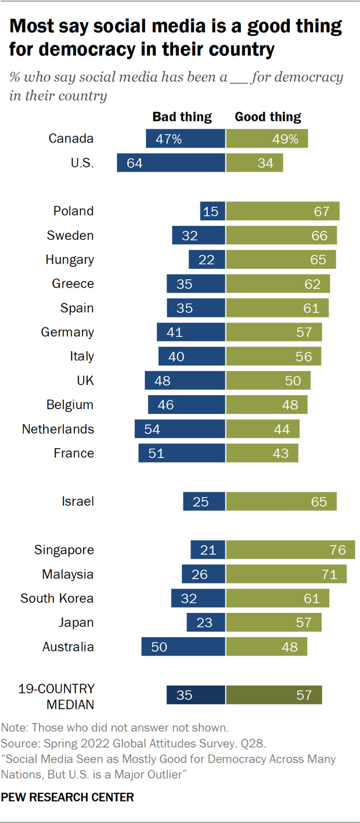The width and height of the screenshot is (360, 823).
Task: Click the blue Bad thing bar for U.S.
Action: pos(171,163)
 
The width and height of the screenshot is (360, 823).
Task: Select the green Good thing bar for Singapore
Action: pos(290,550)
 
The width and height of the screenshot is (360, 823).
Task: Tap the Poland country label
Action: pos(73,211)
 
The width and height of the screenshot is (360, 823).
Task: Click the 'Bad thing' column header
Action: pos(182,117)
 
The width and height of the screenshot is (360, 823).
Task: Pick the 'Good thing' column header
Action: pos(268,117)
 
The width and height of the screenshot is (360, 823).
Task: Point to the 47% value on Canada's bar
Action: pos(168,139)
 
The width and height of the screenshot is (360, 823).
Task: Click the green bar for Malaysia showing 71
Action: pos(286,574)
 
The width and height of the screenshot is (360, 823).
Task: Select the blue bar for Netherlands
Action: pos(179,429)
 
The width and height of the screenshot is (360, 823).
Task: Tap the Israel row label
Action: pos(77,501)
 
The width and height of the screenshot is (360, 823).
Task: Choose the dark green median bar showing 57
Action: pos(273,695)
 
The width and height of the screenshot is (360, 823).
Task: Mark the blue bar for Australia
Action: pos(183,647)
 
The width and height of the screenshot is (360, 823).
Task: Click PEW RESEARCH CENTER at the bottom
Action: pos(67,797)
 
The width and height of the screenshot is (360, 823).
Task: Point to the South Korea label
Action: pos(57,598)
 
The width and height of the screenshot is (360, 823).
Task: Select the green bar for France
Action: pos(262,453)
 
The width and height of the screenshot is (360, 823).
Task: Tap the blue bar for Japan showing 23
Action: pos(206,622)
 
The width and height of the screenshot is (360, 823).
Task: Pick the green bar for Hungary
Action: pos(281,259)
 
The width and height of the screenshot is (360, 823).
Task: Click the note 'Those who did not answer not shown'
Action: pos(116,728)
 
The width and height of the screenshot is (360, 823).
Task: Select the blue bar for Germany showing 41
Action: pos(190,332)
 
